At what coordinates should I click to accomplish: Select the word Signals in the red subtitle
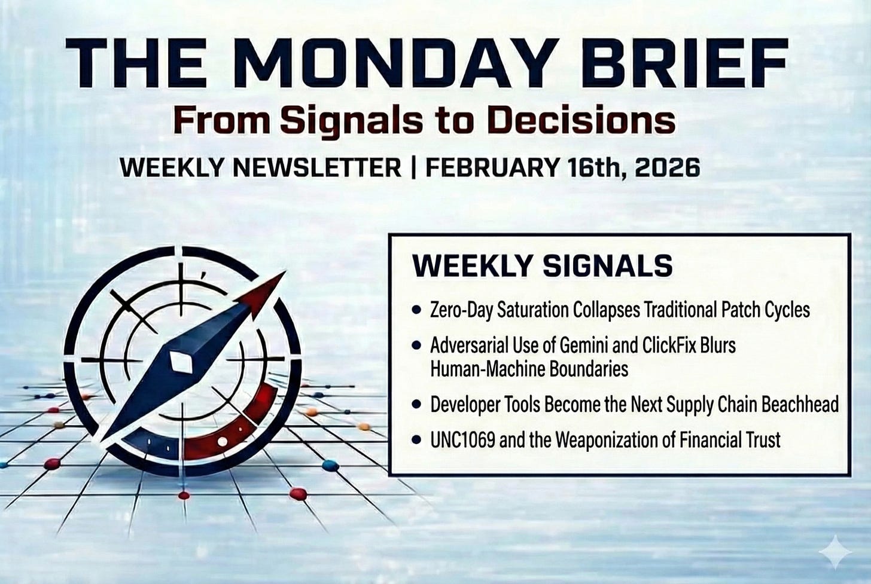[x=352, y=121]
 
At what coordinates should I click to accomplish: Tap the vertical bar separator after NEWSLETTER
[x=413, y=168]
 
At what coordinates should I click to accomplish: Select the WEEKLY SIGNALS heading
[x=543, y=266]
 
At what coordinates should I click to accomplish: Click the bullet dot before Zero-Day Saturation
[x=416, y=310]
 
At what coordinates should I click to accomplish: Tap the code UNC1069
[x=463, y=440]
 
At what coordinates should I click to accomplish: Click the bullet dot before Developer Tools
[x=416, y=405]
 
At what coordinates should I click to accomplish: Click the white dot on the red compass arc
[x=223, y=441]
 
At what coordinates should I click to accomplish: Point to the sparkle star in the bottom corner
[x=835, y=552]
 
